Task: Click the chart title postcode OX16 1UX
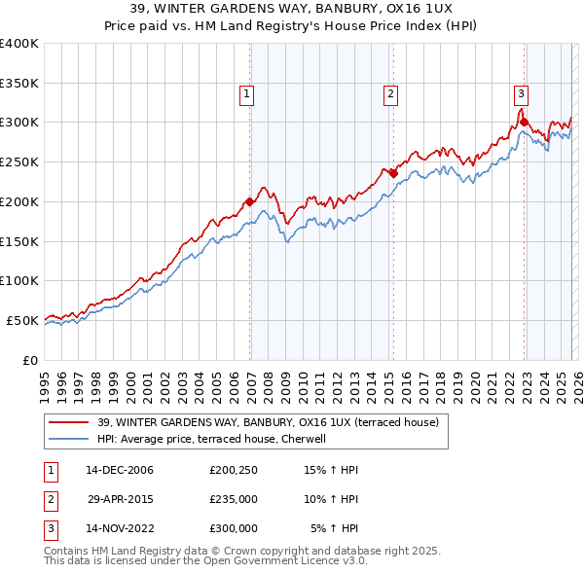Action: [x=427, y=8]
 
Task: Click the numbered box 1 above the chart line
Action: [x=247, y=94]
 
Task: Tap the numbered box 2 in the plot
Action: [x=390, y=94]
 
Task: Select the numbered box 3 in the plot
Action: [x=521, y=94]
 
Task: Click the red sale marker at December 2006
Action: [x=250, y=201]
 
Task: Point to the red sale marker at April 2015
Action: [x=394, y=174]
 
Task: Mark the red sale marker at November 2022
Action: [x=525, y=123]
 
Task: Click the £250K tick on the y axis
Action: [x=19, y=161]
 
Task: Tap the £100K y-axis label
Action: [x=19, y=280]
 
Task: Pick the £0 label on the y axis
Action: [x=29, y=360]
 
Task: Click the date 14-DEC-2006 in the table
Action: [x=120, y=470]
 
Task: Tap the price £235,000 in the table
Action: [x=234, y=499]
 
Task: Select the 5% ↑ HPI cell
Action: [x=334, y=528]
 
